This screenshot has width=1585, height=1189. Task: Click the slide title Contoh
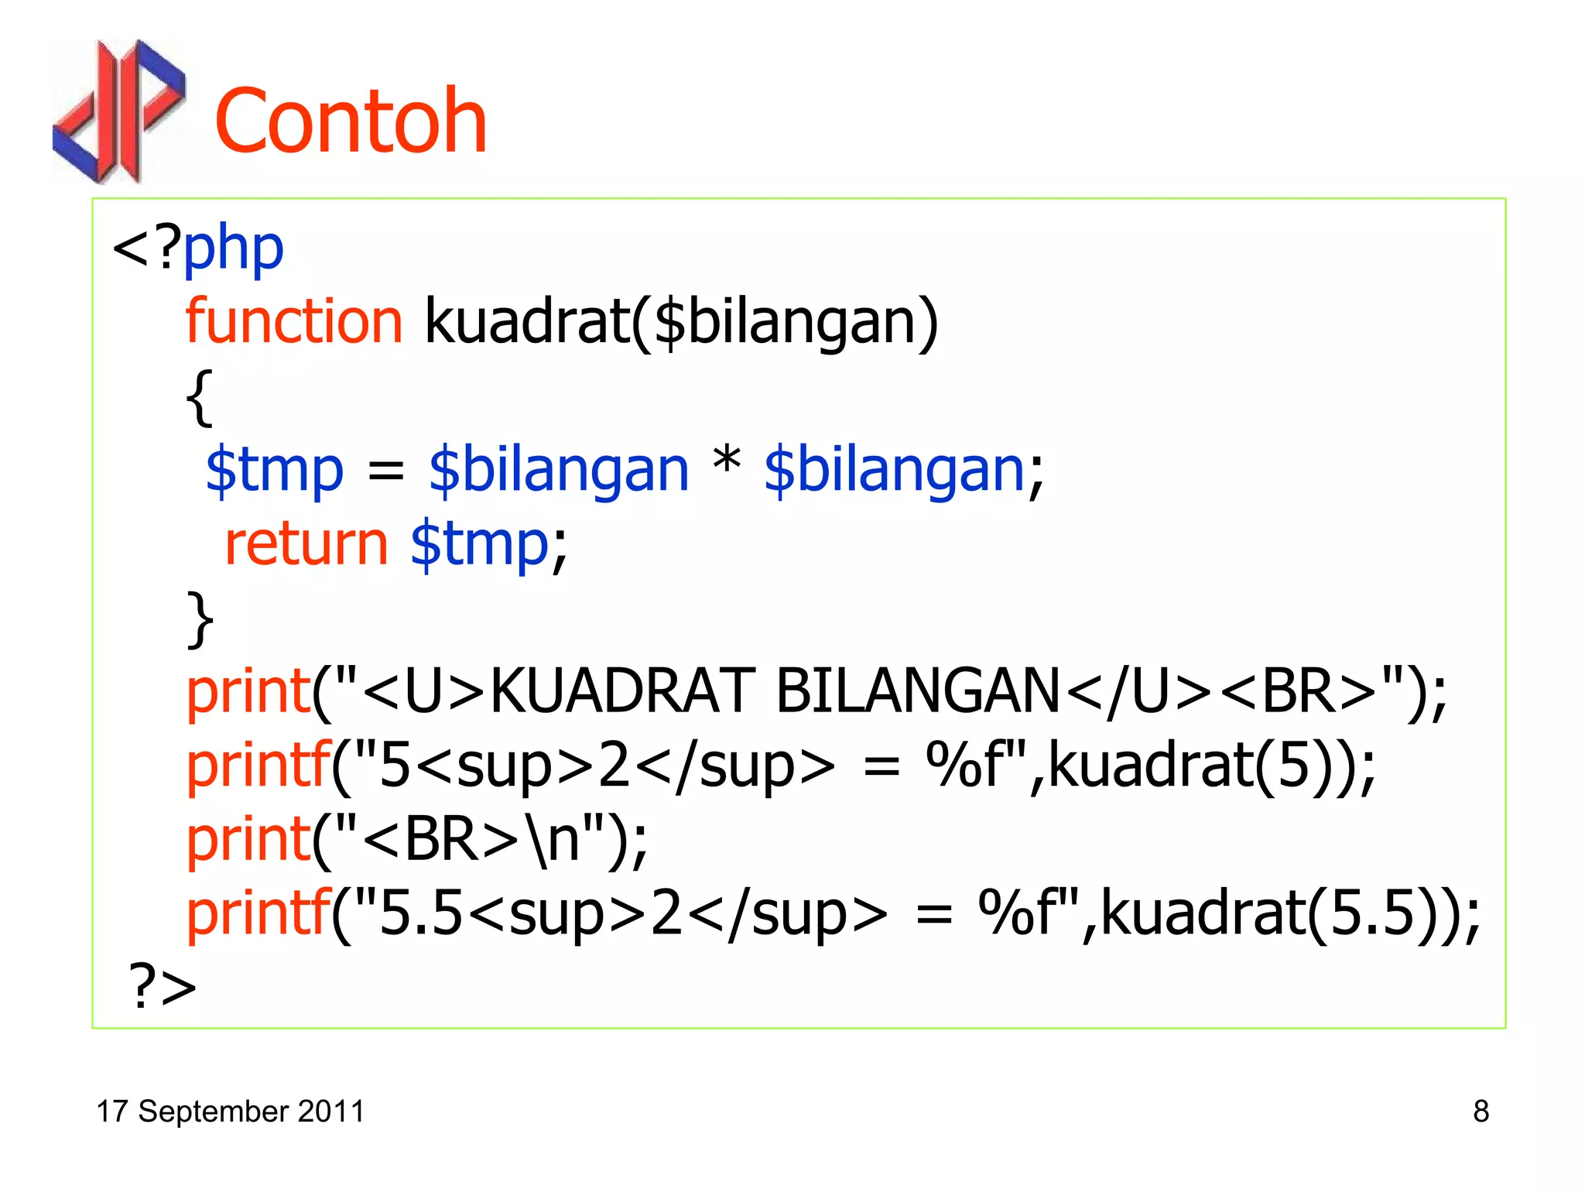[351, 122]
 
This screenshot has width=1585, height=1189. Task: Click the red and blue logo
[119, 111]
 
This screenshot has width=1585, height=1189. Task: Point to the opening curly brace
[200, 396]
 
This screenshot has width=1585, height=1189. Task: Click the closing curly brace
[200, 619]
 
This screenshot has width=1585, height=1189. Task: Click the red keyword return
[306, 543]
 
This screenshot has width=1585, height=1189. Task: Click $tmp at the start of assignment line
[275, 469]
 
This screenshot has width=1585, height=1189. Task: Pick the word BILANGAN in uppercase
[918, 690]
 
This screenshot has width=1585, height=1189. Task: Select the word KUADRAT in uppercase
[622, 690]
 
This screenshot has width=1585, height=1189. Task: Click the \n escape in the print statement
[552, 840]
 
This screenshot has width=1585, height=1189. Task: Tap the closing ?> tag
[163, 986]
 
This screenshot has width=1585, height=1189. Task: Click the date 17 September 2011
[230, 1111]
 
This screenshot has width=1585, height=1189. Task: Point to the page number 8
[1481, 1111]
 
